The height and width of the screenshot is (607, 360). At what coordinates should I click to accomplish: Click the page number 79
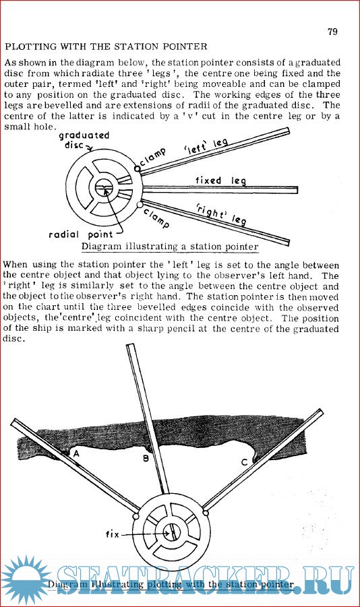tap(332, 32)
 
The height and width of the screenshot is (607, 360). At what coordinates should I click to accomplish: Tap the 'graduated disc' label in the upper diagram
tap(84, 140)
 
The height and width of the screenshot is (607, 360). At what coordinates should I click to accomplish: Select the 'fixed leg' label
tap(220, 181)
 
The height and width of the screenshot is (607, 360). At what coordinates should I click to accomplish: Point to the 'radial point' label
tap(81, 234)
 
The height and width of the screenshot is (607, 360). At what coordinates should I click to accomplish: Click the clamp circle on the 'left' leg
tap(137, 169)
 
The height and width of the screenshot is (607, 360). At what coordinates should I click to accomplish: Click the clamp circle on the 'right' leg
tap(140, 204)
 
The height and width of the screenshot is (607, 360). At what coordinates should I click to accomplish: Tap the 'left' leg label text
tap(206, 146)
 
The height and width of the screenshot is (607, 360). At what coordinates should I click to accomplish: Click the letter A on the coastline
tap(76, 453)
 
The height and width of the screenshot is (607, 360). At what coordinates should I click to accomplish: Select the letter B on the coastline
tap(146, 458)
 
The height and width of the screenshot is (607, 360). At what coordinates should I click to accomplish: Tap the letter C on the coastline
tap(244, 462)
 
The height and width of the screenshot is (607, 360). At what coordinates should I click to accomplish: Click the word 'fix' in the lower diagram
tap(113, 534)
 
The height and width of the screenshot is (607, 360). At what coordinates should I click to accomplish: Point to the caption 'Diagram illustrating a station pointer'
tap(170, 247)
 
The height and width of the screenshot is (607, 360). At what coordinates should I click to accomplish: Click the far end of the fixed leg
tap(297, 190)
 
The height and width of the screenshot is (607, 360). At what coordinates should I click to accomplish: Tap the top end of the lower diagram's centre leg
tap(131, 346)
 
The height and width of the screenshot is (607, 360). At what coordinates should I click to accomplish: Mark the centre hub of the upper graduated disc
tap(104, 188)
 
